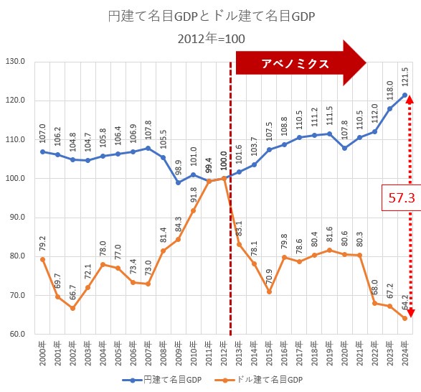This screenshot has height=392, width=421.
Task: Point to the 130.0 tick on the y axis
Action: click(15, 62)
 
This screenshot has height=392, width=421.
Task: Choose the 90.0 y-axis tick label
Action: click(15, 218)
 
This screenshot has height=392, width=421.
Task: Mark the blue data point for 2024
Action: click(405, 95)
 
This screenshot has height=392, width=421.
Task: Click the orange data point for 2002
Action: click(72, 308)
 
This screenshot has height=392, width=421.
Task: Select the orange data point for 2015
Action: click(269, 291)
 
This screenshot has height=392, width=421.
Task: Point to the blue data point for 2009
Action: click(178, 182)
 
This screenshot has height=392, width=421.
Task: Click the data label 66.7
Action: click(72, 291)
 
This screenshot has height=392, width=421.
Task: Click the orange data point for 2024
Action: click(405, 318)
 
